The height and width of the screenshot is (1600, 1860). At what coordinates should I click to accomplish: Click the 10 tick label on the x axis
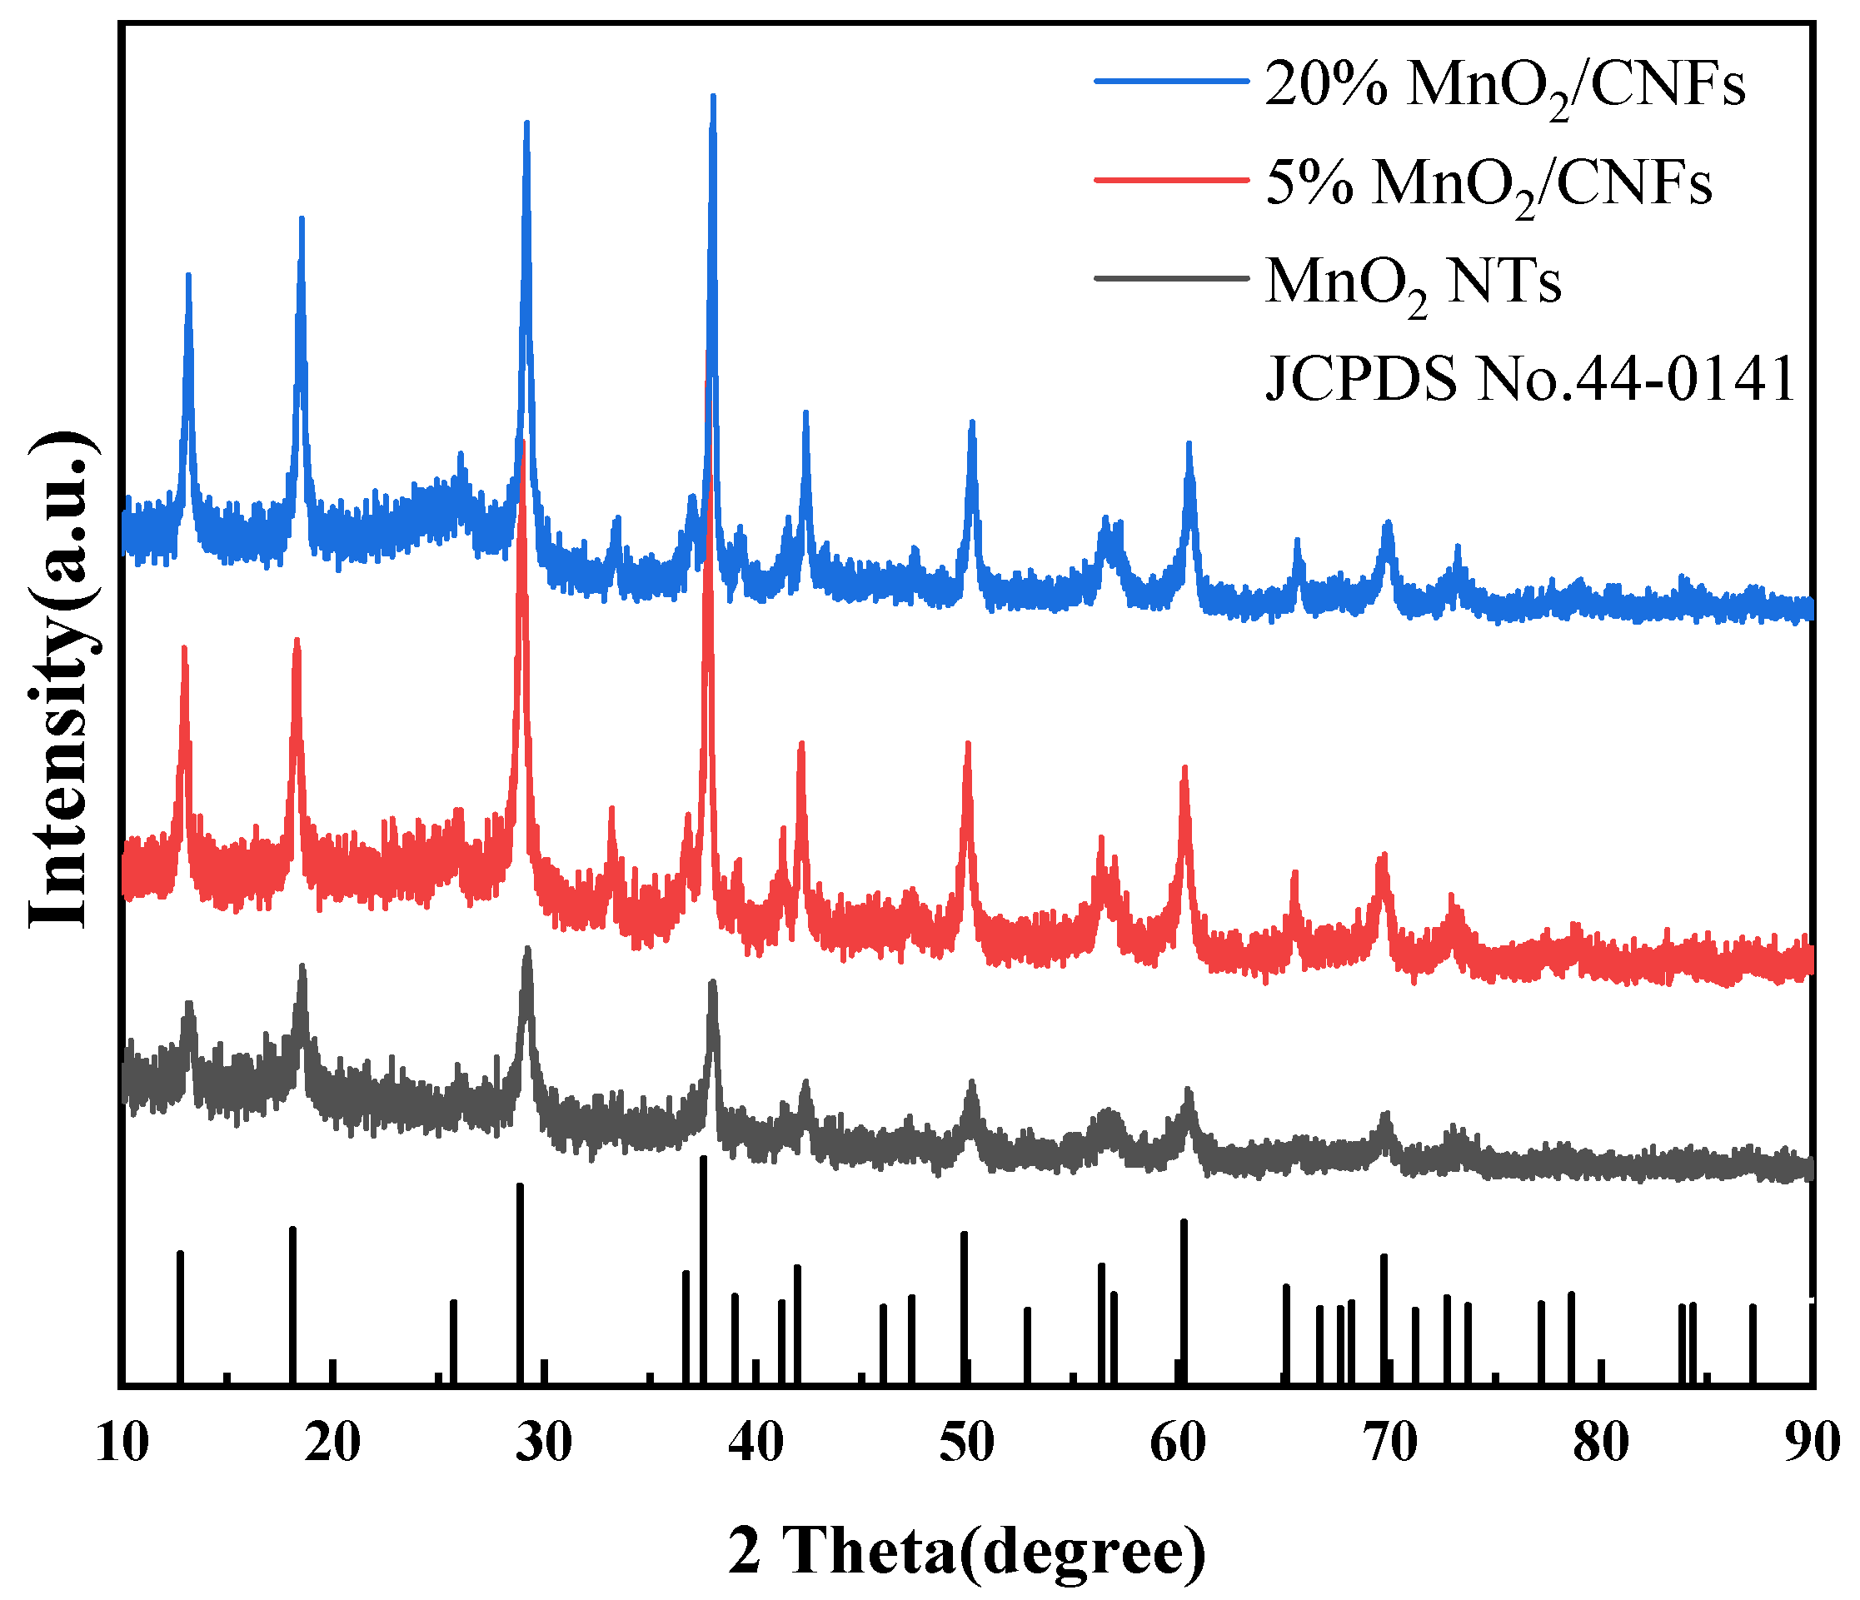click(x=121, y=1443)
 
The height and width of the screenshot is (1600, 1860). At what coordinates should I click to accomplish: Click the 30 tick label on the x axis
click(x=544, y=1443)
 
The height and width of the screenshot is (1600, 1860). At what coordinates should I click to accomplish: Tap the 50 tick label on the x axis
click(x=967, y=1443)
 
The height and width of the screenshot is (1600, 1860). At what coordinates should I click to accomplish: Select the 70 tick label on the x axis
click(x=1389, y=1443)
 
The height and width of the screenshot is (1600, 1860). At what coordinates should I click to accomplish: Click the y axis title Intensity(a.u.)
click(x=60, y=680)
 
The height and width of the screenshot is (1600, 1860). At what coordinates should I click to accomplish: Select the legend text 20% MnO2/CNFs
click(x=1504, y=87)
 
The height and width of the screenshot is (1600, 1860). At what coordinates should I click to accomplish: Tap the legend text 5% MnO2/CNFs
click(x=1488, y=186)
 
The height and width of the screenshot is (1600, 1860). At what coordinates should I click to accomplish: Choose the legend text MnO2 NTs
click(x=1413, y=285)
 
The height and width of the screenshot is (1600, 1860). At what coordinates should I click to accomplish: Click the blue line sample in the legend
click(x=1171, y=82)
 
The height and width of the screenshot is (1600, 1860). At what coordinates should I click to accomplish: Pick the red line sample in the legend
click(x=1171, y=180)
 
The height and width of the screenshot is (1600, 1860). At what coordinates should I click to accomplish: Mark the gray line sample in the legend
click(x=1171, y=278)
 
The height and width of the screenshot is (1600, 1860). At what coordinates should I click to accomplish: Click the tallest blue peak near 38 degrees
click(x=713, y=97)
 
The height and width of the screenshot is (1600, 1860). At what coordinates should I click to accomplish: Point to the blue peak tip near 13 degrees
click(x=188, y=276)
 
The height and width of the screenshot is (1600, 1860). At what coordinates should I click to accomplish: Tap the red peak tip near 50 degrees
click(x=968, y=745)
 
